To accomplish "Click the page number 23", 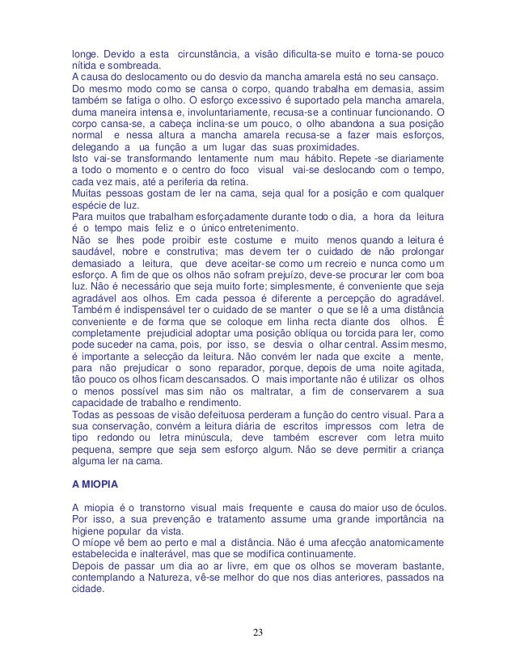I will pyautogui.click(x=257, y=632).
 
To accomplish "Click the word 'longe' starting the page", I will pyautogui.click(x=86, y=53).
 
